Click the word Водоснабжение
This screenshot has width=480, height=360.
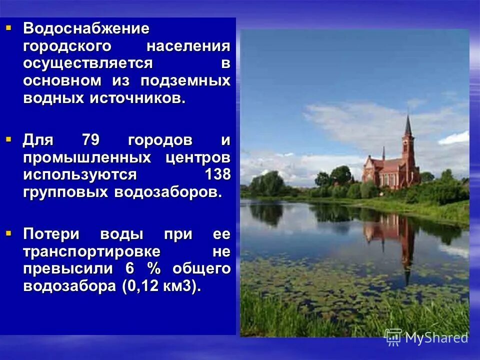86,29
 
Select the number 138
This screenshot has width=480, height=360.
217,175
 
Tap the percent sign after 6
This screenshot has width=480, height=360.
153,269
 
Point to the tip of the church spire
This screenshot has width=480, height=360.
408,115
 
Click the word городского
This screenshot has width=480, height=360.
66,46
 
